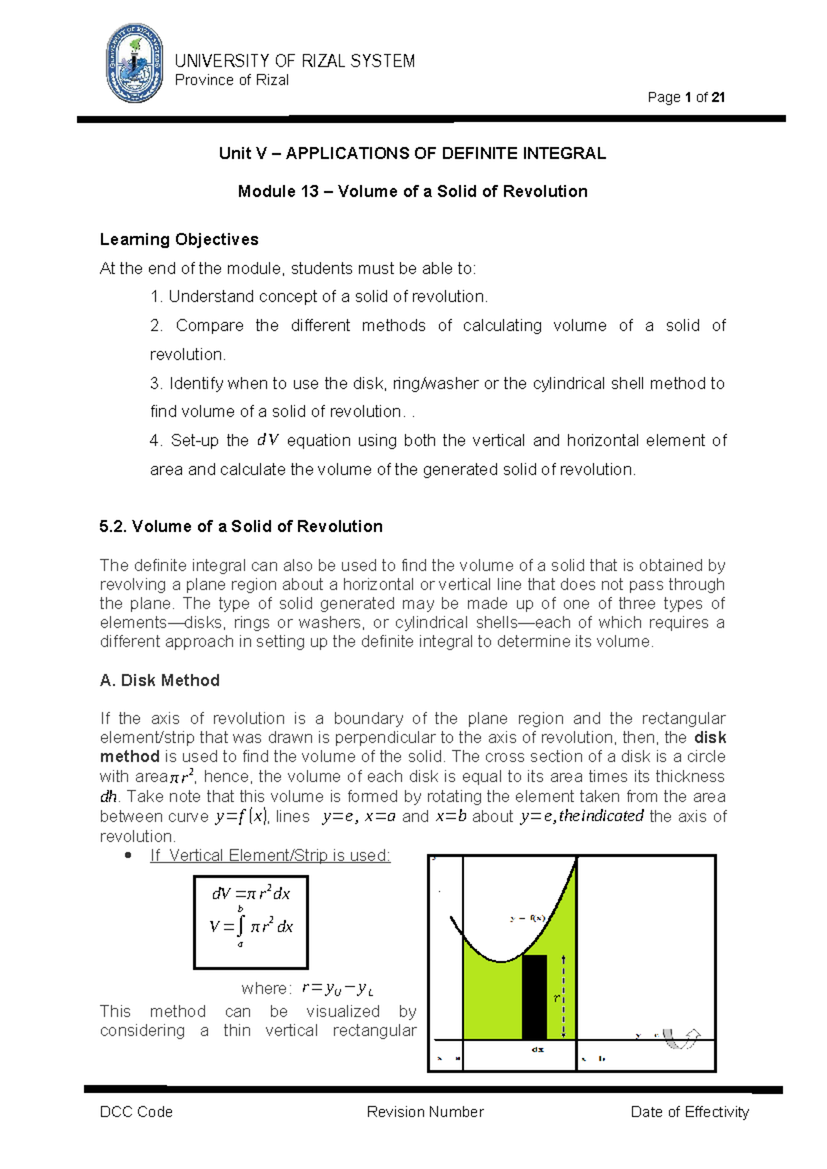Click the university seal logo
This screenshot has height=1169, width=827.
tap(134, 63)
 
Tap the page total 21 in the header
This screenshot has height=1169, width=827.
tap(718, 97)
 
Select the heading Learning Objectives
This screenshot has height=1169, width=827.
tap(179, 239)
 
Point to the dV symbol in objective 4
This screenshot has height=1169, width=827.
tap(267, 440)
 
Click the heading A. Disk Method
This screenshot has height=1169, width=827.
tap(160, 680)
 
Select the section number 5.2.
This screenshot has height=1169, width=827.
tap(112, 527)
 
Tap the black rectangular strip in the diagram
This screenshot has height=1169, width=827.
tap(535, 997)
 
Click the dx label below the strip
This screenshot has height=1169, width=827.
tap(538, 1050)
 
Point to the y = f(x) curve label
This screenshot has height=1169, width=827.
tap(528, 918)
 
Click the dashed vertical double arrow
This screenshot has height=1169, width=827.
tap(564, 997)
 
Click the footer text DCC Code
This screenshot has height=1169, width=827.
tap(136, 1112)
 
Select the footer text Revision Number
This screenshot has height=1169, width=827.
tap(425, 1112)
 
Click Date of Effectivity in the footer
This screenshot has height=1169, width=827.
tap(689, 1112)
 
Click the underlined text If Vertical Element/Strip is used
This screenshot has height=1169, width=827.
tap(270, 855)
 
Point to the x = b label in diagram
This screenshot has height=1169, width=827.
tap(593, 1059)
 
